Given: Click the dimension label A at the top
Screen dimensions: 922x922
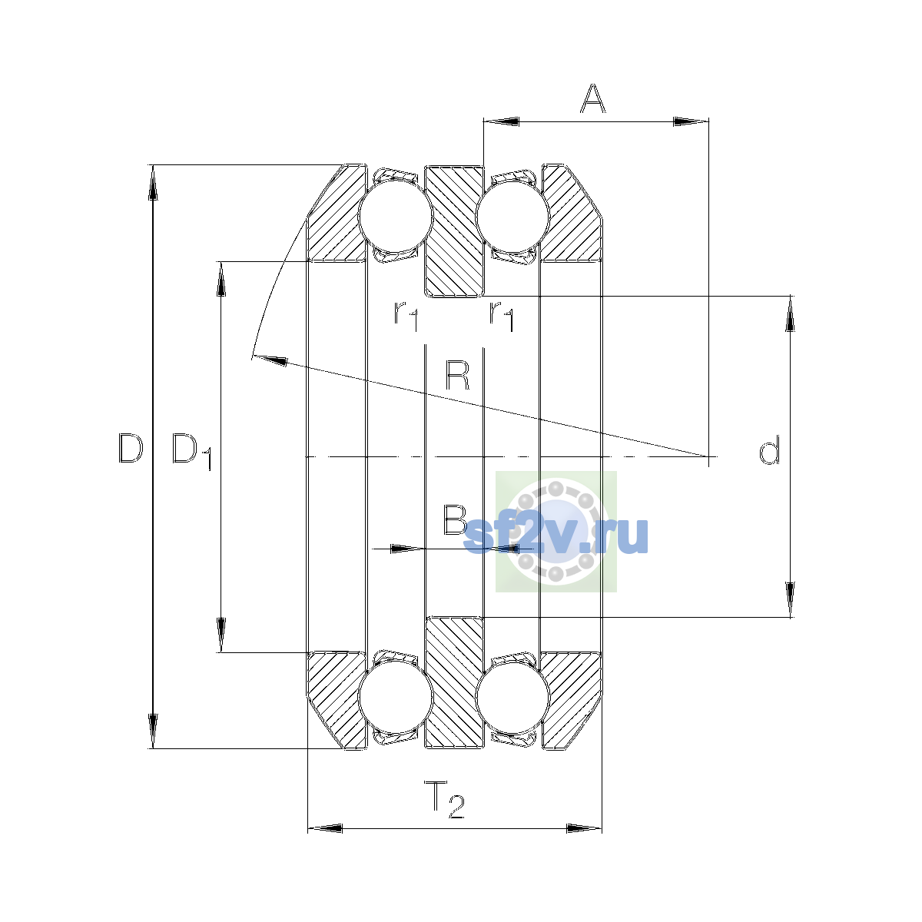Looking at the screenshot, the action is click(593, 98).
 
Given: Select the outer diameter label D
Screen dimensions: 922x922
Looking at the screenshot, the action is click(131, 448).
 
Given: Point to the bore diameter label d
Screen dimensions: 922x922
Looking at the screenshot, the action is click(769, 449).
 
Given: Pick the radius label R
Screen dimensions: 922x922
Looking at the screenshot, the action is click(457, 376).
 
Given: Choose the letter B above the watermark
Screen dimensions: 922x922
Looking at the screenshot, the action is click(455, 519).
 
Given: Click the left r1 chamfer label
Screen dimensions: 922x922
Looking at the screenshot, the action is click(406, 316).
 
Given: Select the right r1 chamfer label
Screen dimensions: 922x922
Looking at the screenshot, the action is click(502, 316).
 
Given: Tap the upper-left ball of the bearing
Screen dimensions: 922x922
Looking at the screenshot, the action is click(396, 215).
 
